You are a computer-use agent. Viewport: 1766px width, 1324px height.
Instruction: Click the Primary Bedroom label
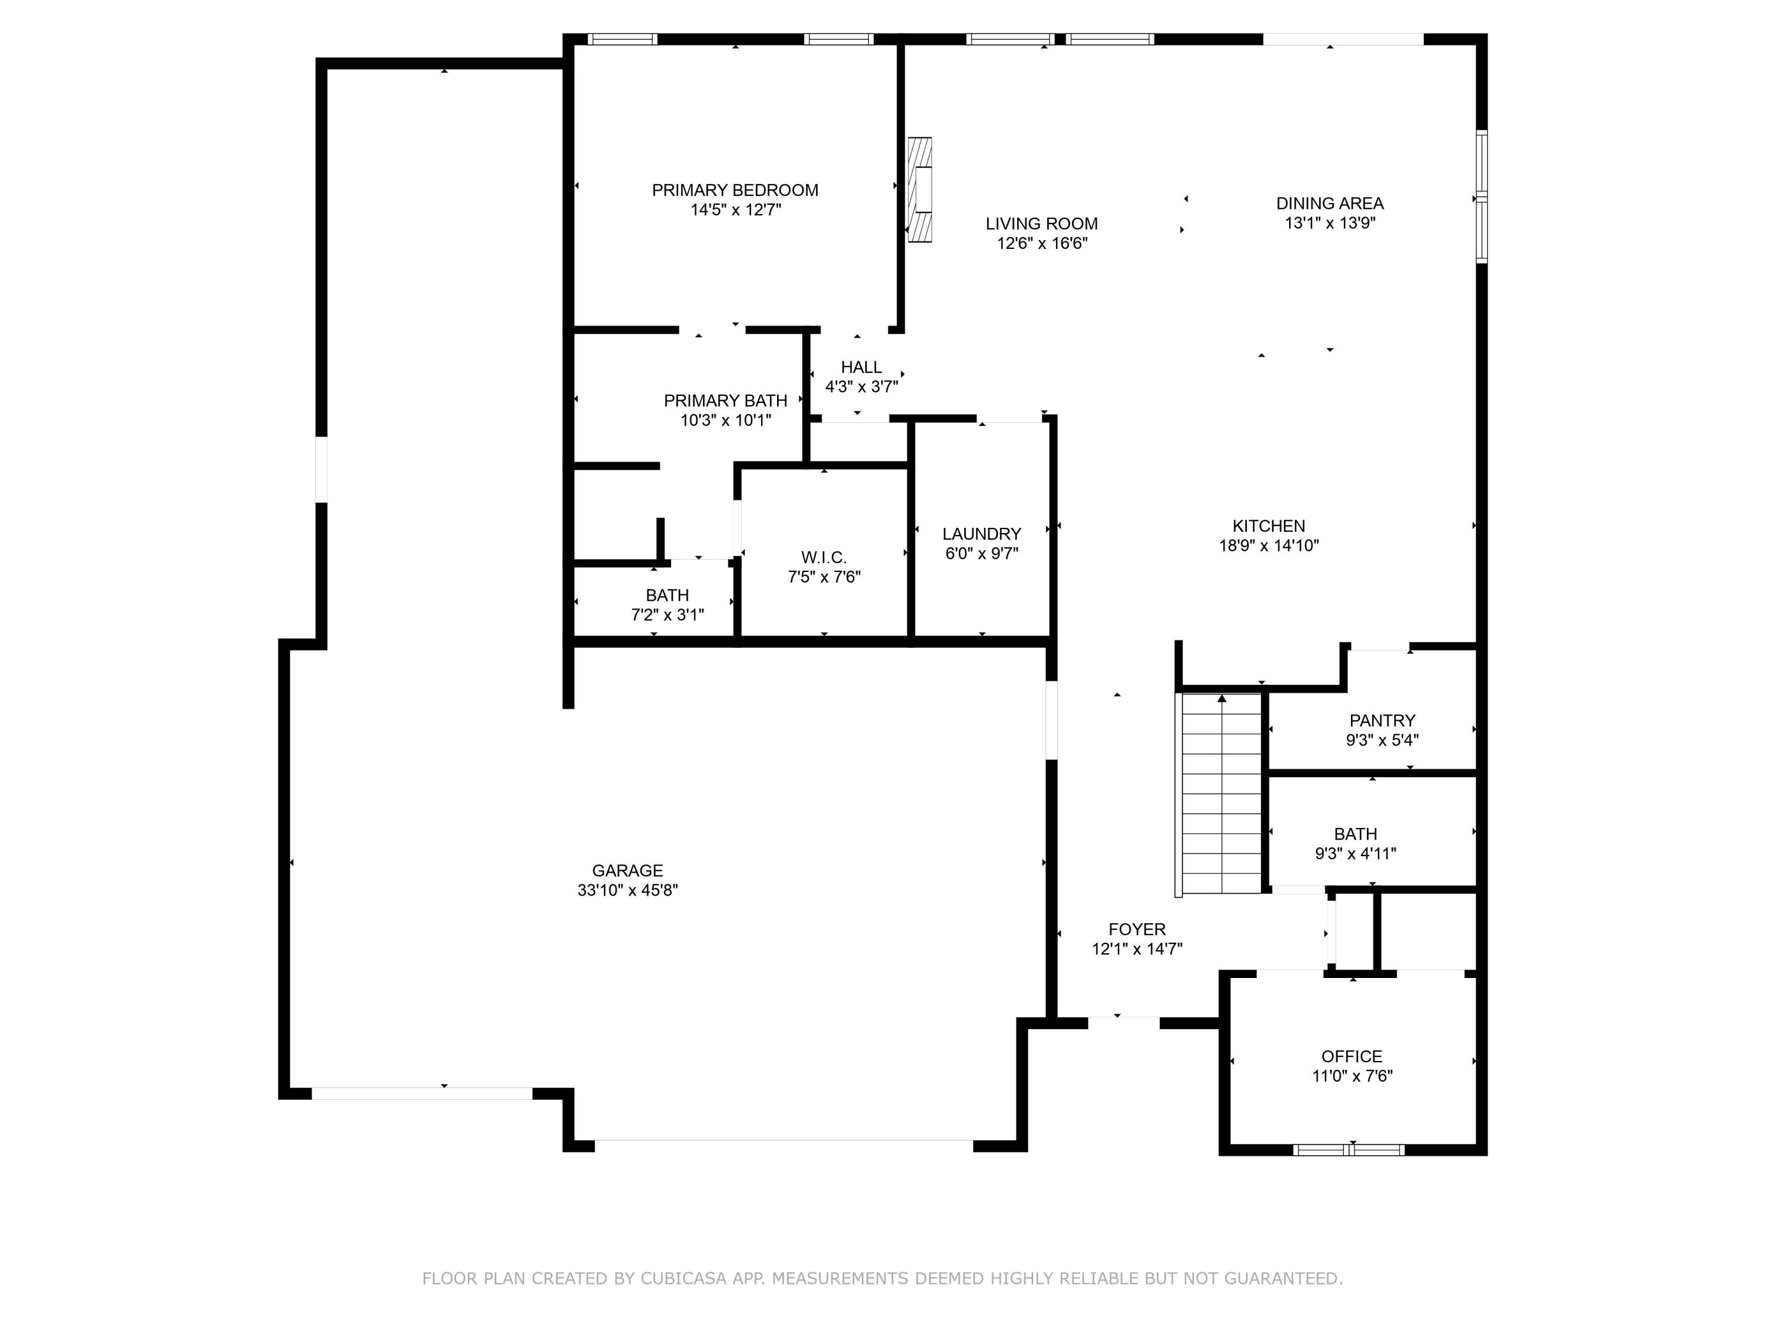click(x=735, y=190)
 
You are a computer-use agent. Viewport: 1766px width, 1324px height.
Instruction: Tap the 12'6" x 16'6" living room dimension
click(x=1042, y=244)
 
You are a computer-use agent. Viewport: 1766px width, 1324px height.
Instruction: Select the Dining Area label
click(x=1329, y=204)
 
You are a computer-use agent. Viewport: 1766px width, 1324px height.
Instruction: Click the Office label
click(x=1352, y=1056)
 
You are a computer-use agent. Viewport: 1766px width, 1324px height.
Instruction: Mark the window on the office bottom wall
click(x=1349, y=1150)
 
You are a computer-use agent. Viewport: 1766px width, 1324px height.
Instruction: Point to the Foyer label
click(x=1137, y=929)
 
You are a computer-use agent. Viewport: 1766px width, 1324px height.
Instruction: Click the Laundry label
click(x=981, y=534)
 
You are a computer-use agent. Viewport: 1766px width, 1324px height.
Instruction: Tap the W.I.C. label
click(x=824, y=557)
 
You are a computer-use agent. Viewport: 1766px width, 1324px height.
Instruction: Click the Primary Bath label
click(x=725, y=401)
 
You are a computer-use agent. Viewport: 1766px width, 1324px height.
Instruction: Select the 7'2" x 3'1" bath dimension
click(x=668, y=614)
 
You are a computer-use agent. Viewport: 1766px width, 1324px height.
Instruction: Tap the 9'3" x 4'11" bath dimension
click(x=1355, y=854)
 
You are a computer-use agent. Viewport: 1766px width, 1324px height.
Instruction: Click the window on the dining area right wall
click(x=1481, y=197)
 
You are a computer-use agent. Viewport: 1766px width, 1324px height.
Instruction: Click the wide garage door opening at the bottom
click(x=784, y=1145)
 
